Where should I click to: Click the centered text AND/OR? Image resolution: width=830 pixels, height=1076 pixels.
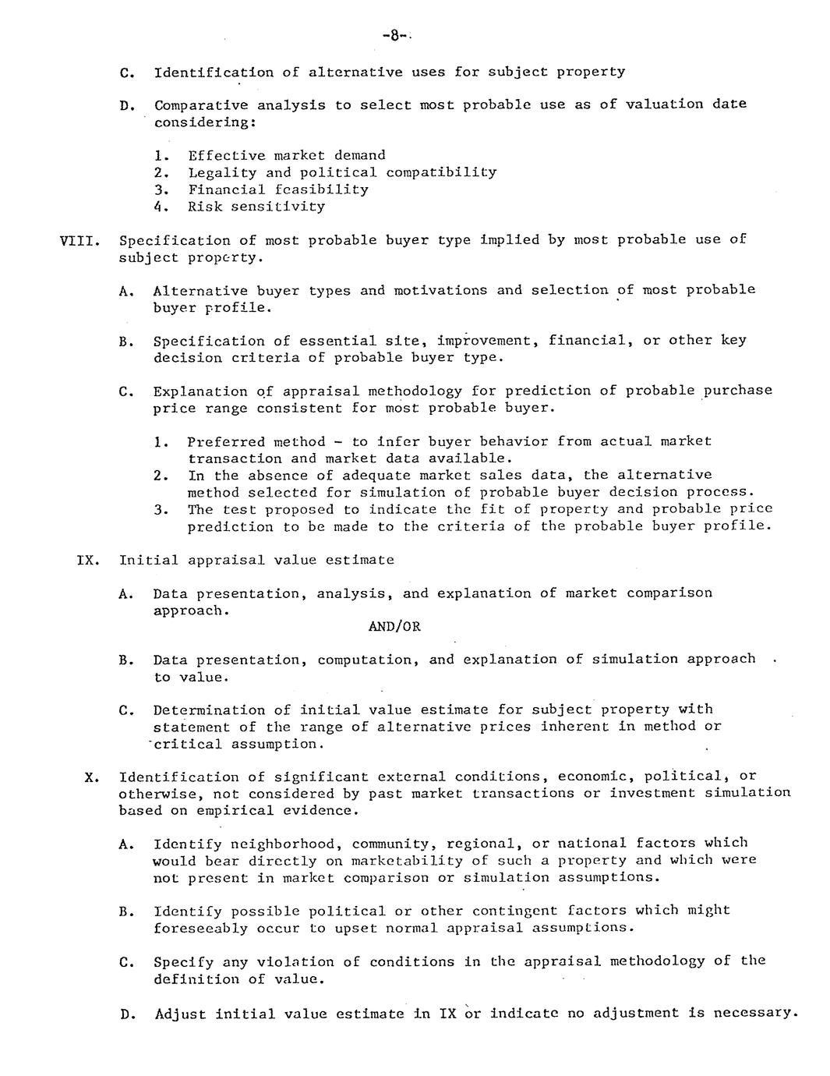pos(394,627)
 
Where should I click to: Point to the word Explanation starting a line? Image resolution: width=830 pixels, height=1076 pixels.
pos(200,391)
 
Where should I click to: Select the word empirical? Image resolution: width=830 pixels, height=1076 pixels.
pos(231,811)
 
